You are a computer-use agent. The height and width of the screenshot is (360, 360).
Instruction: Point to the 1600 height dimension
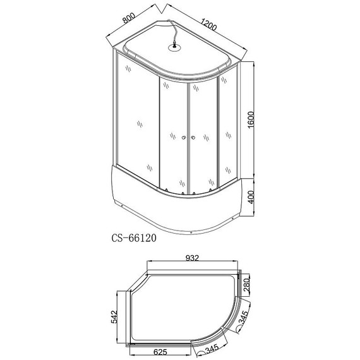(x=251, y=119)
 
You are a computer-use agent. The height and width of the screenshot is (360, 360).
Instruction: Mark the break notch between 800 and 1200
(x=162, y=9)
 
